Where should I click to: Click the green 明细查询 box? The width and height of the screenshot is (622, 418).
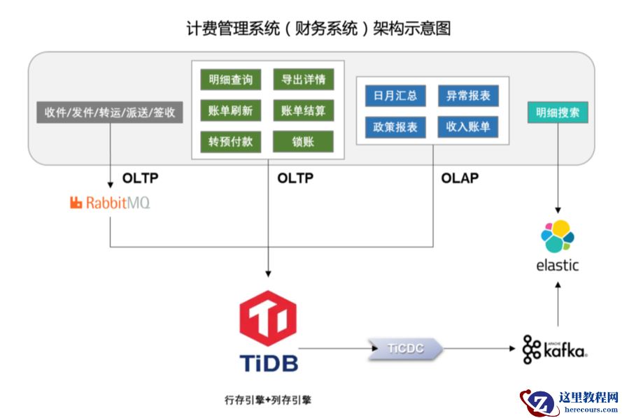point(230,79)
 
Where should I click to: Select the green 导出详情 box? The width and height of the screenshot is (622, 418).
point(303,79)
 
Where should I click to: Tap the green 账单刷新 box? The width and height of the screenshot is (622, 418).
point(230,110)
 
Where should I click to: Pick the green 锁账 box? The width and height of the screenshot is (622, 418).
point(303,142)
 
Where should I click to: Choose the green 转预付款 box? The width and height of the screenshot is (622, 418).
point(230,142)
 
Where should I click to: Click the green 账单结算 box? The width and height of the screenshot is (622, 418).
point(303,110)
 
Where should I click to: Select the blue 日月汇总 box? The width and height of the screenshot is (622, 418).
point(395,96)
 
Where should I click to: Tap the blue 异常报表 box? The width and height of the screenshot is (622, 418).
point(468,96)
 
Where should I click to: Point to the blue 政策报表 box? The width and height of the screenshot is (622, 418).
point(395,127)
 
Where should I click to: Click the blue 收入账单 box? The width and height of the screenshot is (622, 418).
point(468,127)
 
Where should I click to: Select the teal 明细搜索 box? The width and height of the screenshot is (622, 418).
point(558,112)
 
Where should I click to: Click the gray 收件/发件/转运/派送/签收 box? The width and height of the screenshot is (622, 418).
point(110,112)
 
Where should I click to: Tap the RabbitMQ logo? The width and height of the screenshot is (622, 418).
point(110,203)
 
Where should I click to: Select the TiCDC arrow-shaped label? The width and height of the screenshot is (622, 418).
point(406,348)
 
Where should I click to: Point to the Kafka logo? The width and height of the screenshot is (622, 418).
point(554,349)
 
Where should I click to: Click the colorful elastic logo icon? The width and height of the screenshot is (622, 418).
point(558,236)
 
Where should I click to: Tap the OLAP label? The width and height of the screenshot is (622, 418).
point(460,178)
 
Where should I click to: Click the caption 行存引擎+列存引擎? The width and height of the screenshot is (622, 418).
point(268,401)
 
